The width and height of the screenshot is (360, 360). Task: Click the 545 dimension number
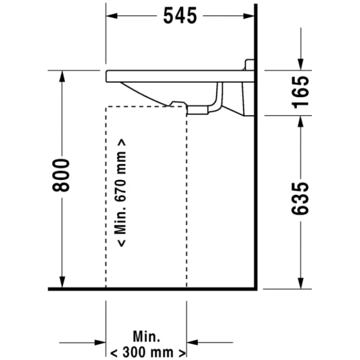pos(180,16)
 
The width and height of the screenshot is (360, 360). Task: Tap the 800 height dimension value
pos(61,175)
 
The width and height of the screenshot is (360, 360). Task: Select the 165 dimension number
pos(301,92)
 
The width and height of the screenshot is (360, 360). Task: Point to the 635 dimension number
pos(301,199)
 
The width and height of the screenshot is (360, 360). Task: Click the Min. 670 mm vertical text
pos(121,193)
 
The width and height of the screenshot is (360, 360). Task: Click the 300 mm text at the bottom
pos(148,353)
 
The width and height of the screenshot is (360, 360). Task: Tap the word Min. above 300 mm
pos(146,337)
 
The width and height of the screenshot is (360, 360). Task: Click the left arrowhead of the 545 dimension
pos(112,16)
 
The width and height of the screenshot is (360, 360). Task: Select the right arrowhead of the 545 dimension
pos(248,16)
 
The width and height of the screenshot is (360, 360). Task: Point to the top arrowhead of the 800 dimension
pos(62,76)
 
